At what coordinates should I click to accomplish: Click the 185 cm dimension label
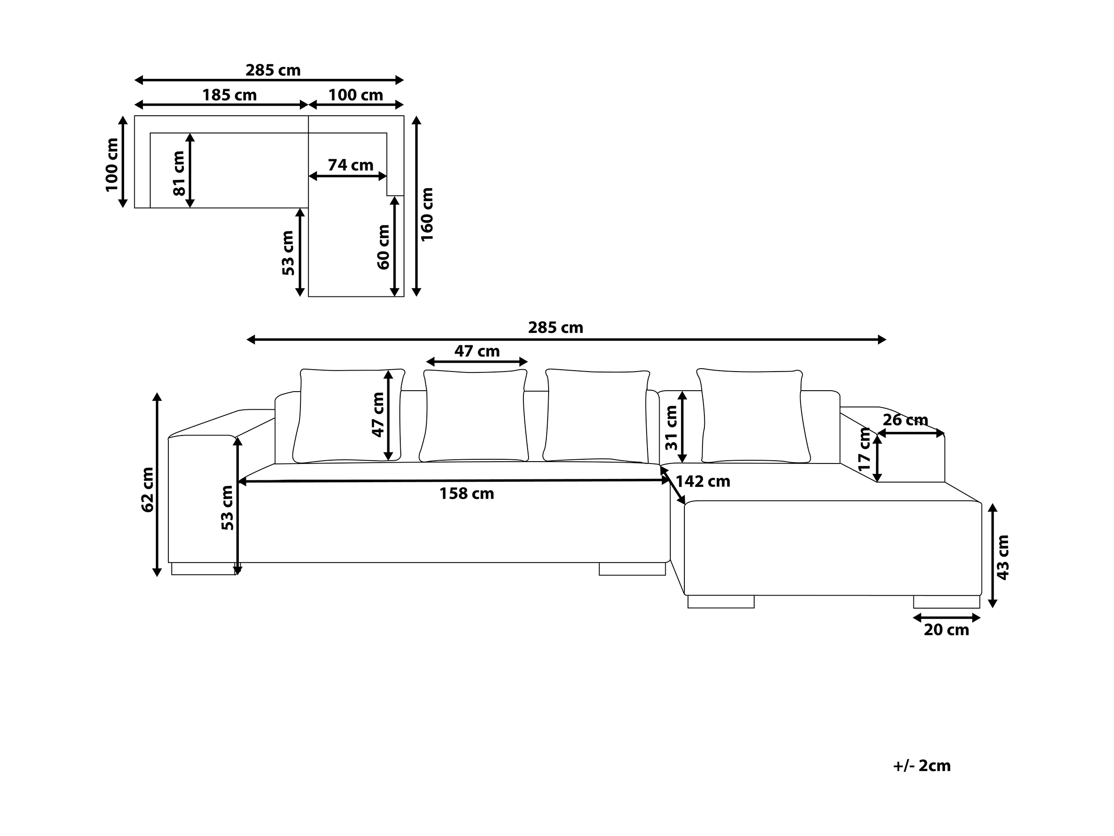click(229, 95)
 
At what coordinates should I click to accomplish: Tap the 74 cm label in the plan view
click(350, 165)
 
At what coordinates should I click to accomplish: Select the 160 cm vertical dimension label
click(427, 214)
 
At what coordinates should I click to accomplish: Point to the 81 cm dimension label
click(179, 173)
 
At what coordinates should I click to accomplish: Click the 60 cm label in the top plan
click(383, 247)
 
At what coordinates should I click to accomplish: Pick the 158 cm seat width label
click(466, 493)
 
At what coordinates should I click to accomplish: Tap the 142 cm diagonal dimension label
click(703, 481)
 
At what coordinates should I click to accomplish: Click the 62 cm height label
click(147, 490)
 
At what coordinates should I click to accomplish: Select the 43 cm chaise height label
click(1003, 557)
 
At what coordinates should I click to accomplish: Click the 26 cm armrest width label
click(905, 420)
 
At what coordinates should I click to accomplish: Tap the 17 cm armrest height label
click(865, 449)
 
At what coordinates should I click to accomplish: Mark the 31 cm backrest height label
click(671, 428)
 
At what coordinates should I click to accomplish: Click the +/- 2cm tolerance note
click(922, 766)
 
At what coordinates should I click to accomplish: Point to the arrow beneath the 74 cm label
click(348, 176)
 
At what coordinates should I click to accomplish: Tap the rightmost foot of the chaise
click(947, 602)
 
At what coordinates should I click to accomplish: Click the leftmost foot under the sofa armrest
click(204, 569)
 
